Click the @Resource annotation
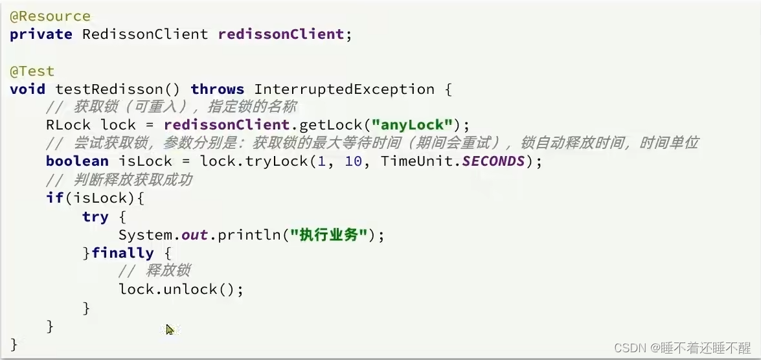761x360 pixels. click(x=51, y=16)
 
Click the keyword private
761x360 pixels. click(x=41, y=34)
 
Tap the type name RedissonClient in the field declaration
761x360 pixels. click(x=145, y=34)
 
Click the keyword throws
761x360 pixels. click(x=218, y=89)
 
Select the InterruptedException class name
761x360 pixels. click(x=344, y=89)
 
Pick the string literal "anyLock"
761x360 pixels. click(x=412, y=125)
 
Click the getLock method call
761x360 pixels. click(x=331, y=125)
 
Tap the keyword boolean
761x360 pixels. click(x=77, y=161)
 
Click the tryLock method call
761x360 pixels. click(x=278, y=161)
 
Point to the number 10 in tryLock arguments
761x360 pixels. click(x=354, y=161)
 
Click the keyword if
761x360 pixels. click(x=54, y=197)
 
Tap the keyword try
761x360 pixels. click(x=95, y=217)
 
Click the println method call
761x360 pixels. click(x=249, y=235)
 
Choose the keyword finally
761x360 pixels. click(x=123, y=253)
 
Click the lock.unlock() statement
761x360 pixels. click(x=181, y=289)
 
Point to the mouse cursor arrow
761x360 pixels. click(x=170, y=330)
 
